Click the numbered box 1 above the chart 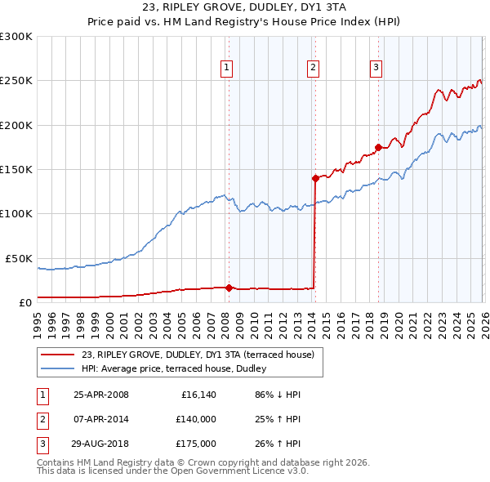click(x=225, y=68)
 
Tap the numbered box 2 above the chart click(x=313, y=68)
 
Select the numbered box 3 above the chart click(x=376, y=68)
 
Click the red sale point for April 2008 click(x=229, y=288)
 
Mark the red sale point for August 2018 click(x=378, y=147)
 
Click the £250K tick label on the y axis click(x=16, y=81)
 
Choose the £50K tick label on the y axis click(x=19, y=258)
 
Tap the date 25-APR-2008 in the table click(x=101, y=395)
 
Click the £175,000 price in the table click(x=197, y=444)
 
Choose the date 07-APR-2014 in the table click(x=101, y=420)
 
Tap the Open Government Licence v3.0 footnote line click(x=173, y=471)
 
